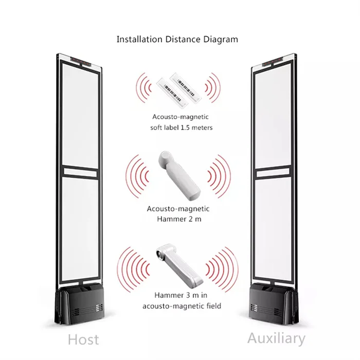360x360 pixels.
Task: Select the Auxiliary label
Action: coord(276,338)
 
